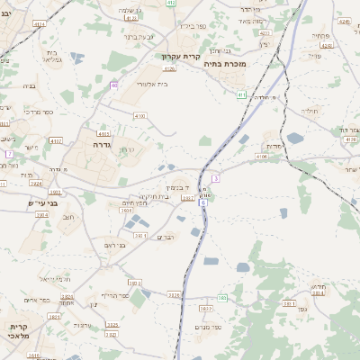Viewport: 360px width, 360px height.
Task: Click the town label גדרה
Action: (x=100, y=144)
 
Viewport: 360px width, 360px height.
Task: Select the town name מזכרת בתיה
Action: (x=225, y=64)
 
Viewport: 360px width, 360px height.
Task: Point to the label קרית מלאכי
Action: (x=19, y=330)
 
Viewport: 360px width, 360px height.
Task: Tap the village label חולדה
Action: (x=310, y=111)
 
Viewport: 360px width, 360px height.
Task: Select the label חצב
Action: (x=67, y=217)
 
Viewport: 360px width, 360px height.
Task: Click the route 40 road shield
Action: (x=114, y=85)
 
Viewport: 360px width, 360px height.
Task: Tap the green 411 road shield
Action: (x=241, y=94)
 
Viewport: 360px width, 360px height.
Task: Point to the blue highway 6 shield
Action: (x=203, y=203)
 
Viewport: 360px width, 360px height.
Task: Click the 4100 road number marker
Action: (x=139, y=116)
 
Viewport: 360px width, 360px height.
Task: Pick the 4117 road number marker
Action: (x=103, y=133)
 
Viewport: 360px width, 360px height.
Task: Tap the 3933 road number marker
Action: (x=174, y=294)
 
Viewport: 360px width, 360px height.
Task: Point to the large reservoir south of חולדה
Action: (x=296, y=138)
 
